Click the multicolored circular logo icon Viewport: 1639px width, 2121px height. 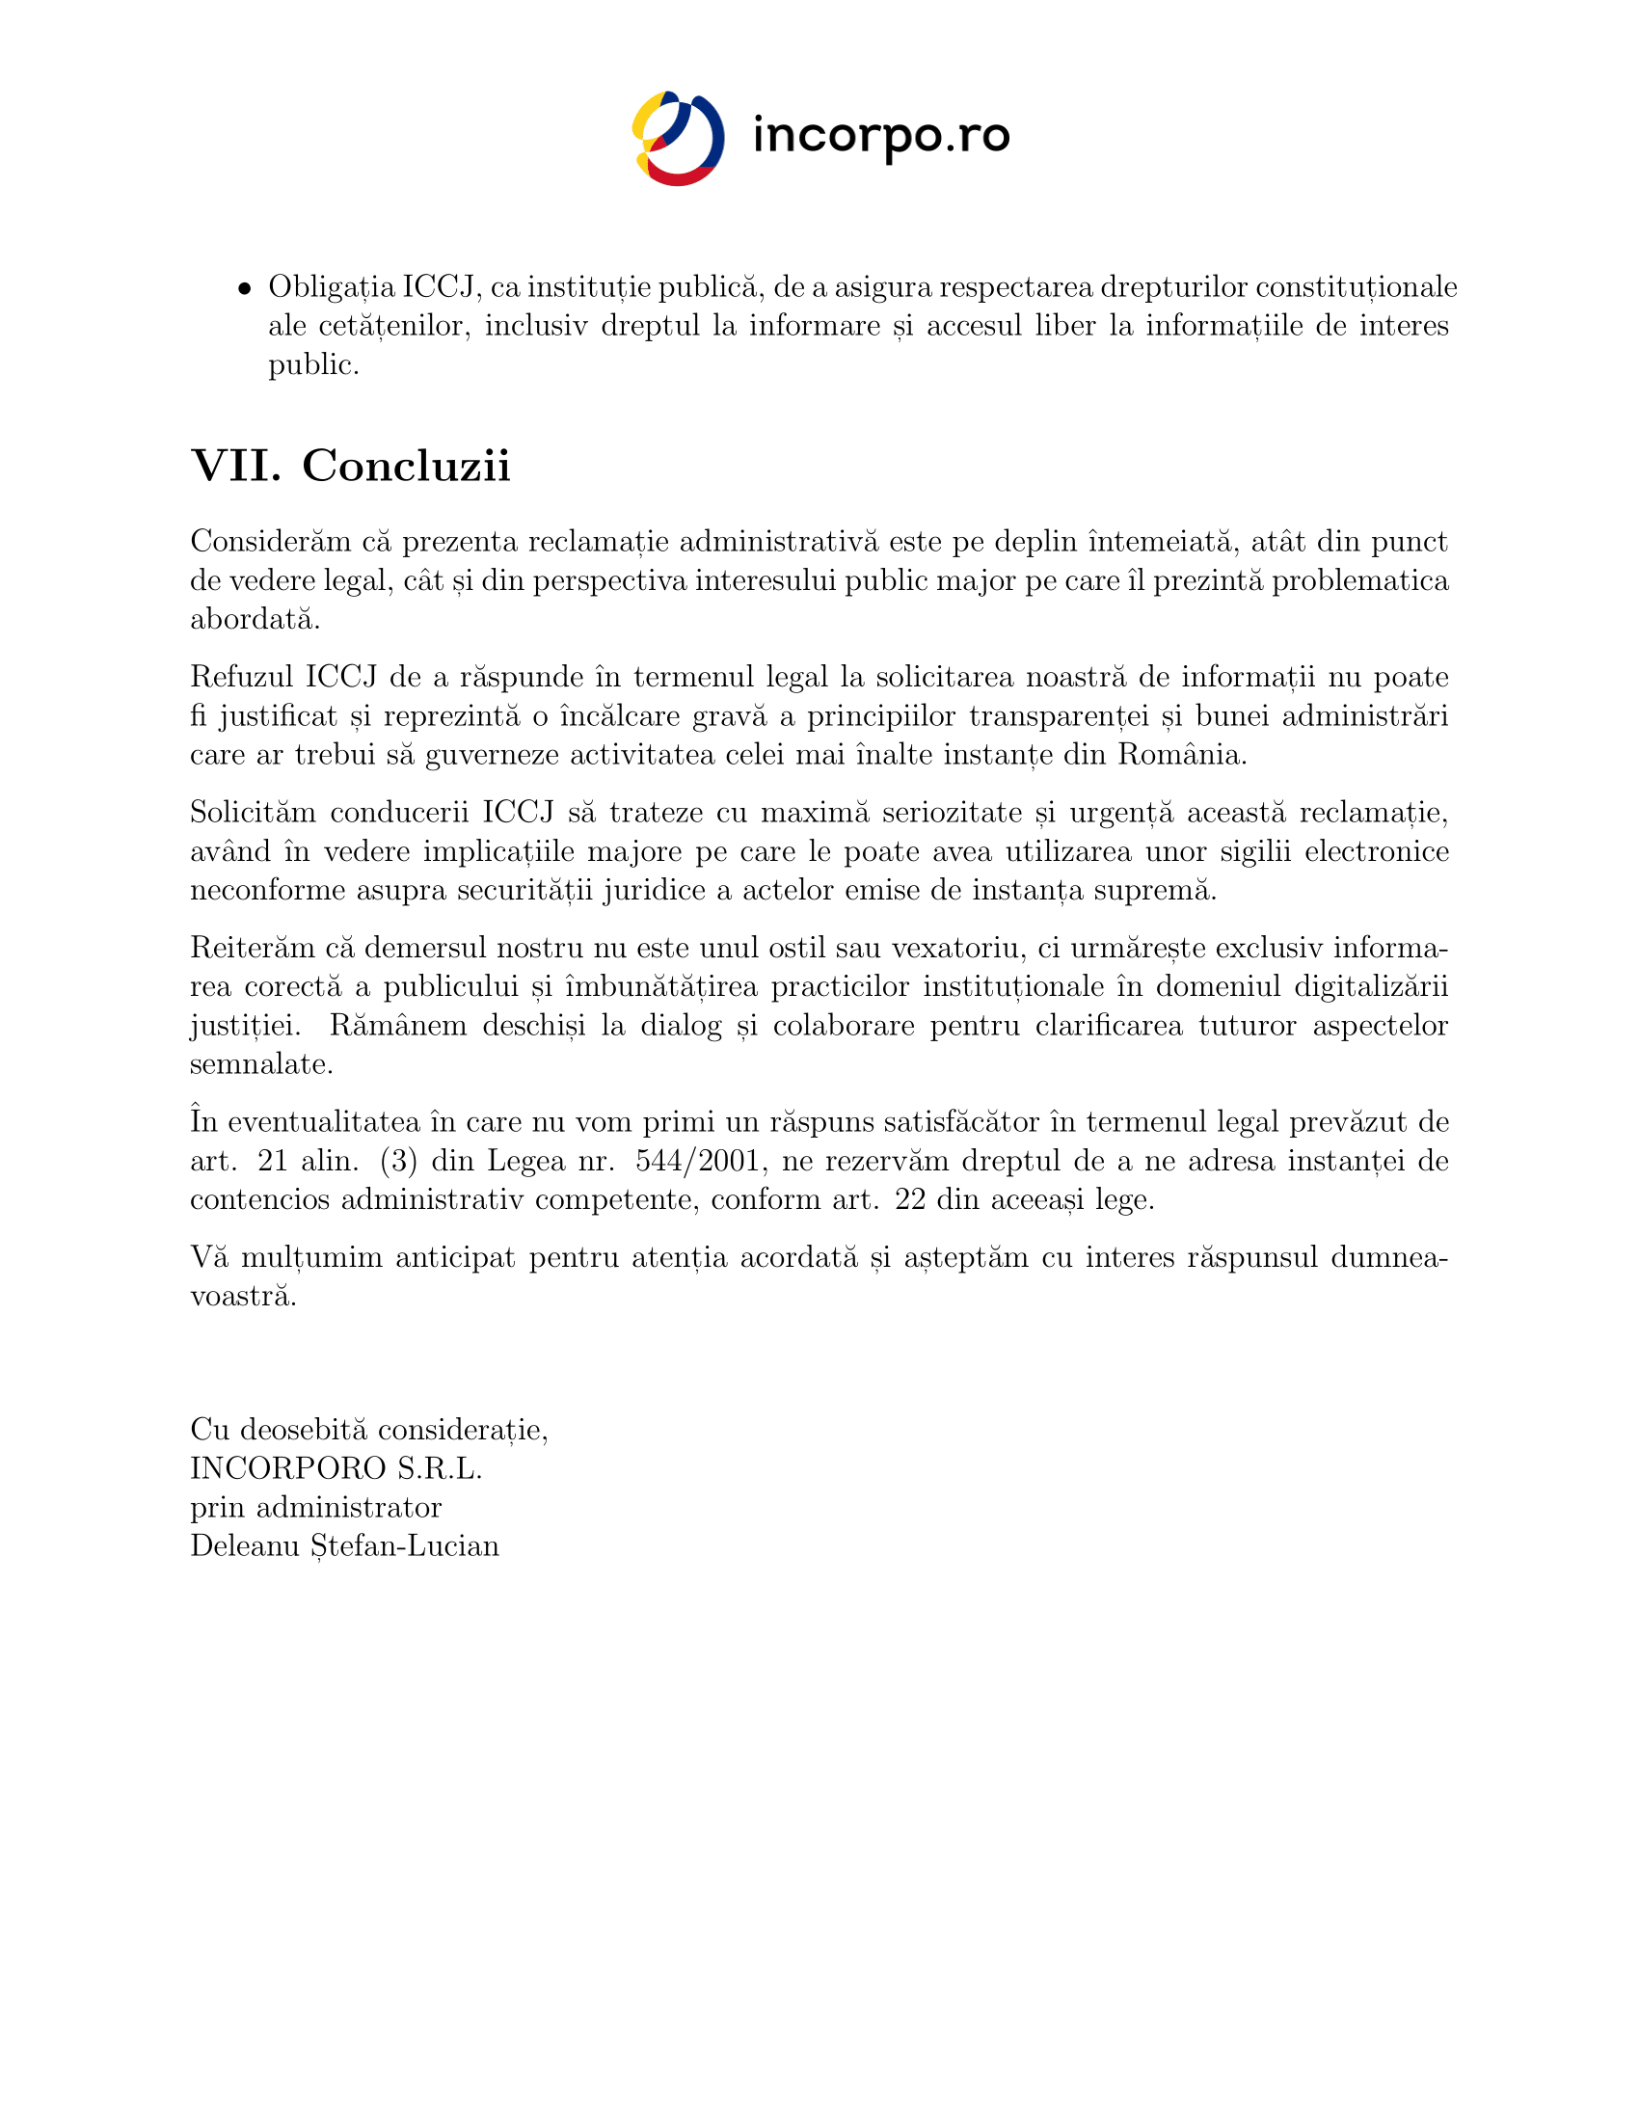coord(678,138)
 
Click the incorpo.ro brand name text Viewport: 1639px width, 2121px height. coord(880,136)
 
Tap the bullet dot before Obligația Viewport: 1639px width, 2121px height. coord(245,288)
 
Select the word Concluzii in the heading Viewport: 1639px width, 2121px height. coord(406,466)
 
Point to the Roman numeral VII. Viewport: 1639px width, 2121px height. coord(236,466)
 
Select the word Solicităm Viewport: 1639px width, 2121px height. coord(253,812)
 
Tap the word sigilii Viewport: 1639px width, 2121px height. coord(1245,850)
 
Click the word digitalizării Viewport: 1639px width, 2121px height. coord(1371,985)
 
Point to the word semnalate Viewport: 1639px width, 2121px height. coord(261,1063)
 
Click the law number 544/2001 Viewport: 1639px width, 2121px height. coord(696,1161)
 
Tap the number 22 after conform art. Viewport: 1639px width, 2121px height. coord(910,1199)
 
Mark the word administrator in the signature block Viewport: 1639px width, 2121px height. coord(349,1507)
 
